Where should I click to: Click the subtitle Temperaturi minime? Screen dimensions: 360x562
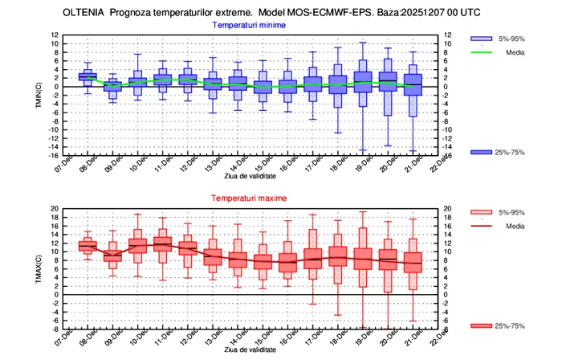[249, 25]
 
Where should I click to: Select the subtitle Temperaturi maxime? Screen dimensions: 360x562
[249, 198]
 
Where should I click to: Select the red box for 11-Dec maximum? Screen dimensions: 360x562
[163, 244]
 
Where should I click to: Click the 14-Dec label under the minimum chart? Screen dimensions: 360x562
[259, 166]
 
